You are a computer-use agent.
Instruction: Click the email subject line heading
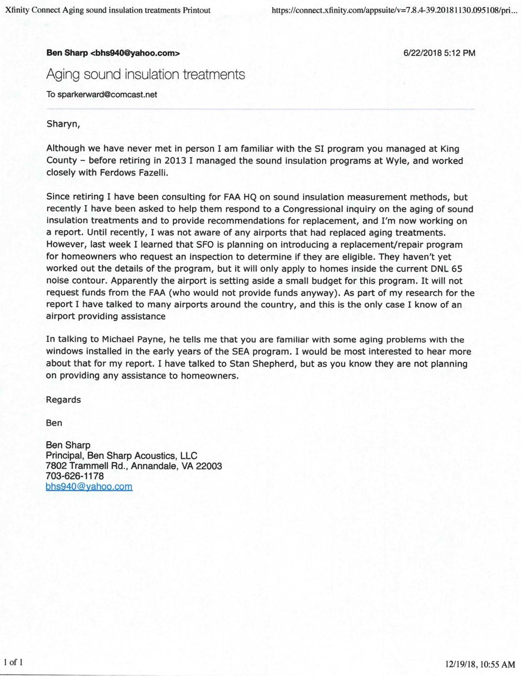pos(145,74)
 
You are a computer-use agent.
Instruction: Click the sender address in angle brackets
pos(135,53)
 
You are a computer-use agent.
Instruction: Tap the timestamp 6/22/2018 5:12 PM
pos(439,53)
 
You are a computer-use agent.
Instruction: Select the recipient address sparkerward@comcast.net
pos(107,95)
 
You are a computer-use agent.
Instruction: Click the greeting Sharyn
pos(63,124)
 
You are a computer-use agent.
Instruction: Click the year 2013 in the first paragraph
pos(175,161)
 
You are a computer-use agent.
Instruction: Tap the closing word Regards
pos(63,400)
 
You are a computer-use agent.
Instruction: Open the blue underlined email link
pos(89,487)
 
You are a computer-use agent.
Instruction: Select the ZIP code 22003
pos(209,466)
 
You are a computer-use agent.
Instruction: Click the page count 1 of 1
pos(13,662)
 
